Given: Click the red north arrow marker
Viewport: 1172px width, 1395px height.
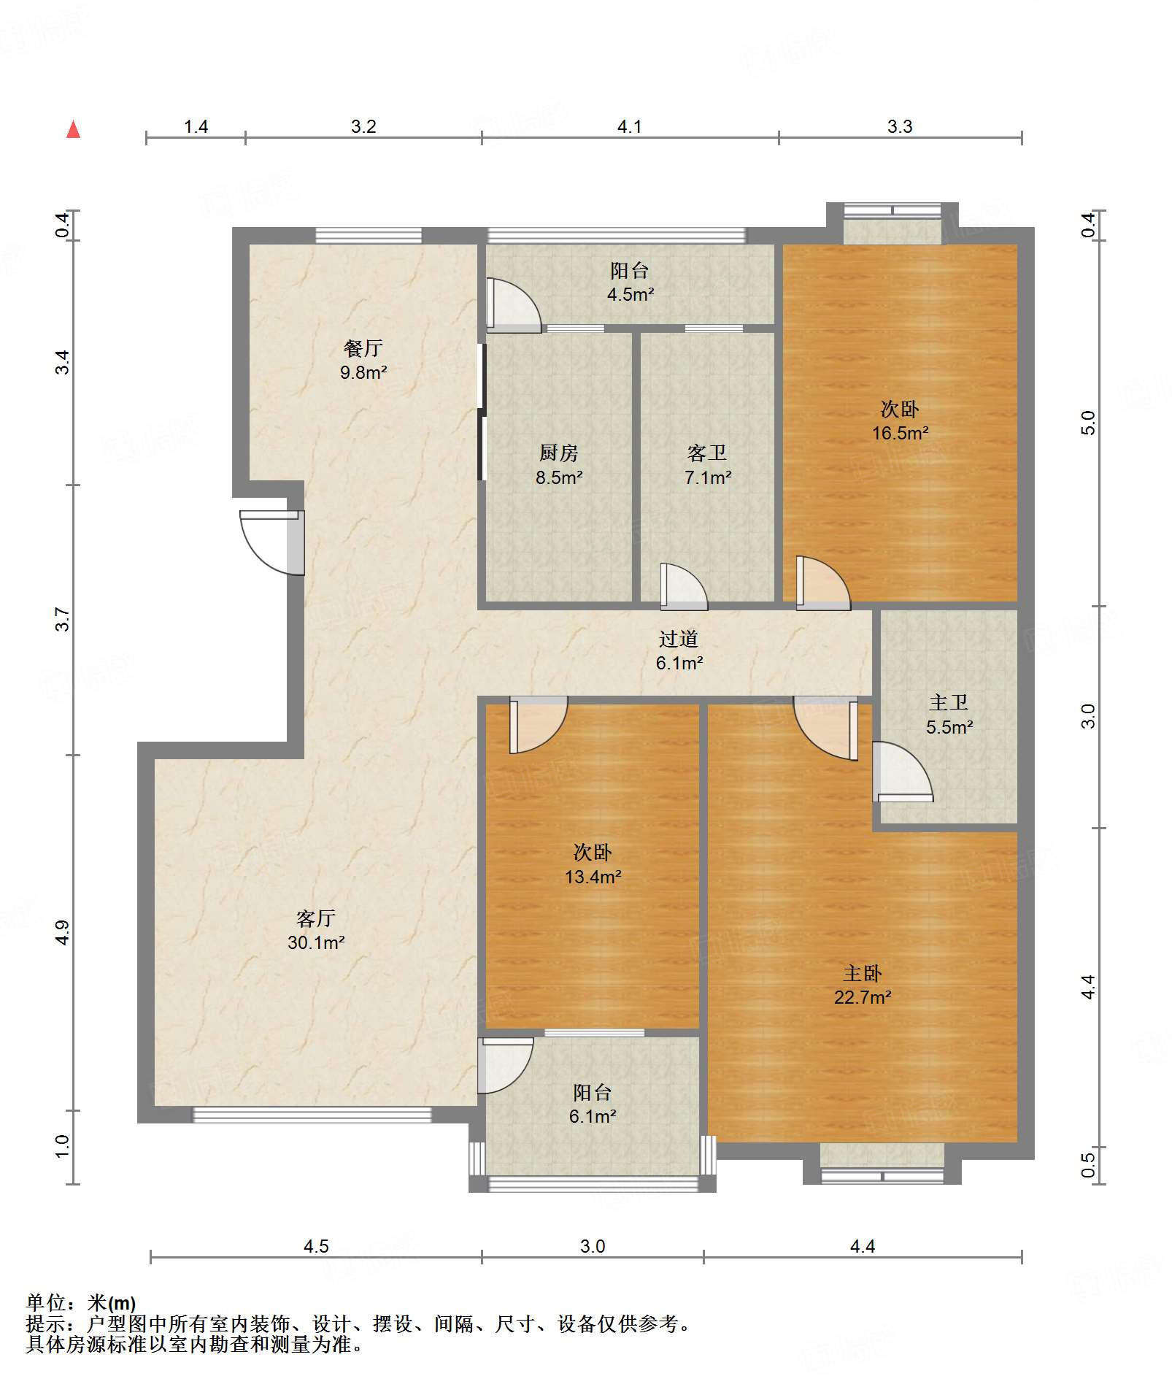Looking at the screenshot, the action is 73,129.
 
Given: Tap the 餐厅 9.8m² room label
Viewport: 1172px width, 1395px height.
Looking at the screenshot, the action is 363,360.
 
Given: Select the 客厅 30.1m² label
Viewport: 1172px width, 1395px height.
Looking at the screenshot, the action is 315,930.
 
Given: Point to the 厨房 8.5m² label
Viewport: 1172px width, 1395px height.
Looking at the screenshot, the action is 558,465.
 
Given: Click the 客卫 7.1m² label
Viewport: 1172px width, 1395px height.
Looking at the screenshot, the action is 707,465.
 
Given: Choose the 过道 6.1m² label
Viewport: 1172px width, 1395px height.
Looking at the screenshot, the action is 679,650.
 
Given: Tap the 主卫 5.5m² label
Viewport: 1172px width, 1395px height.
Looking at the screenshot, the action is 949,715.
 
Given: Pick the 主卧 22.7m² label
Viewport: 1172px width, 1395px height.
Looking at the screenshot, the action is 863,985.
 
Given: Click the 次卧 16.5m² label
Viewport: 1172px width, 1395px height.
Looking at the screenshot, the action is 900,420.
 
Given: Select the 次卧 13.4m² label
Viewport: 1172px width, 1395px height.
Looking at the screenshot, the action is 593,864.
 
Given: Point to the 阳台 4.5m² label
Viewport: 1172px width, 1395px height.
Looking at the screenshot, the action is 630,283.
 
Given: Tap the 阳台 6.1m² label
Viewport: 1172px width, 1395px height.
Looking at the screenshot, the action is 592,1104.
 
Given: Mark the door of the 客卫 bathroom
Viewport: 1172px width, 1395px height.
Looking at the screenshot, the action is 684,587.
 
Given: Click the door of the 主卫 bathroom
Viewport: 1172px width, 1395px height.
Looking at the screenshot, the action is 902,772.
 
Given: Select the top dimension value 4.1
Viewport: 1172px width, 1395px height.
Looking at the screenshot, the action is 629,126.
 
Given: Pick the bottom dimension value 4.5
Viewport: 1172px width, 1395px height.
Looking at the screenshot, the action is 316,1246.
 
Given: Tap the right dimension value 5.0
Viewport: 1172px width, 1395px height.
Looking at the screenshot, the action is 1087,423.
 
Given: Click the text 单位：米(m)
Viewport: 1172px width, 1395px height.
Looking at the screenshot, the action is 81,1303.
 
